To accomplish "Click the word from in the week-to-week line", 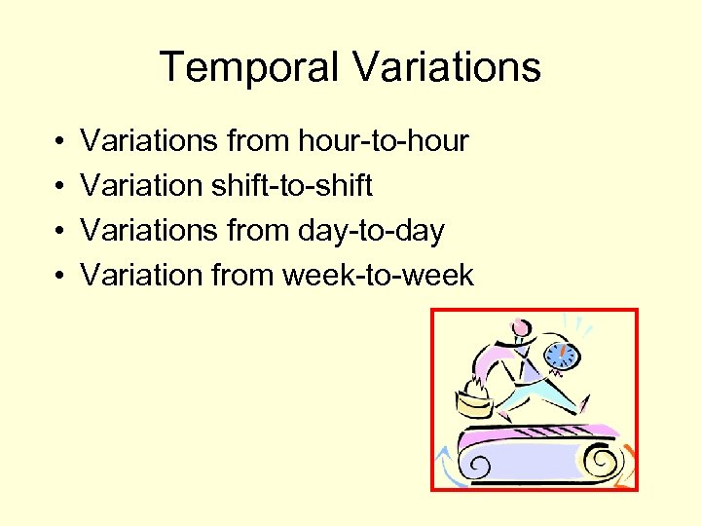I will click(241, 276).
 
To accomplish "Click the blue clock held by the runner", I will click(560, 354).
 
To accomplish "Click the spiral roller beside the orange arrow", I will click(606, 459).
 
